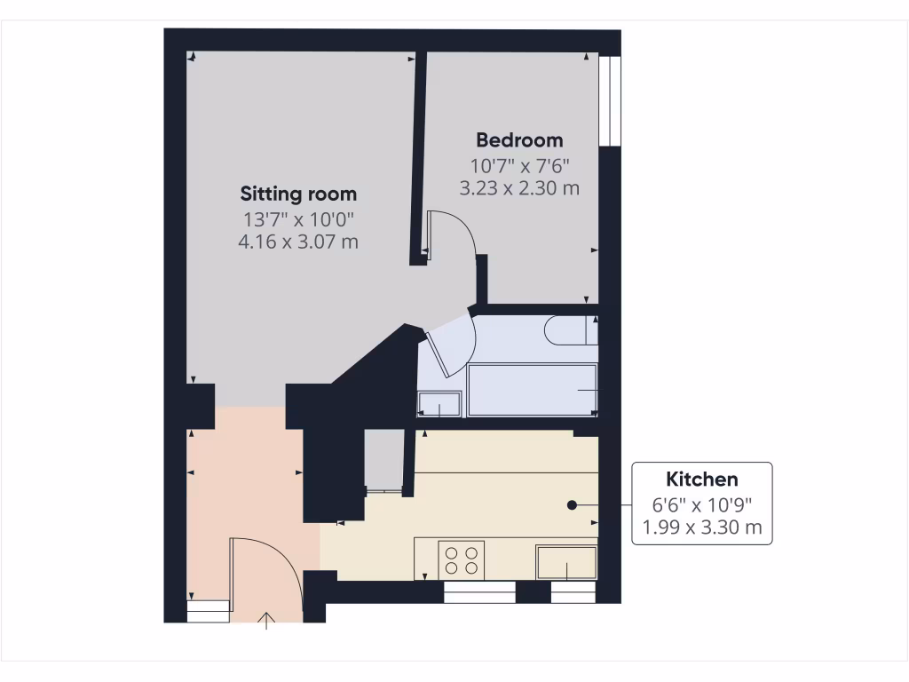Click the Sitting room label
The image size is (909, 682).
tap(298, 194)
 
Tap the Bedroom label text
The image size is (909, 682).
tap(519, 139)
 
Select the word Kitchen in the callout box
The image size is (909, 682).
tap(701, 480)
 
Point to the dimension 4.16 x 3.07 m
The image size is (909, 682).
tap(298, 241)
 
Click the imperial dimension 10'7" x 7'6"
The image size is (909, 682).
tap(519, 164)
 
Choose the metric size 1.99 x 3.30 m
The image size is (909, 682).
tap(701, 528)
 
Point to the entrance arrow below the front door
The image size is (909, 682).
tap(266, 619)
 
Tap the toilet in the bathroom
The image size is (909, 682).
tap(570, 330)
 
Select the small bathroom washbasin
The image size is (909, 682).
tap(440, 403)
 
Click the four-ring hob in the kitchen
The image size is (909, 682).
tap(462, 559)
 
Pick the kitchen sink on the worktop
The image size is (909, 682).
tap(566, 562)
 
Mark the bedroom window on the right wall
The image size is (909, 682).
tap(609, 99)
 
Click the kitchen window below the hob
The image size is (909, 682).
tap(479, 592)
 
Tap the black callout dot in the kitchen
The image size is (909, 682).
tap(572, 504)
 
